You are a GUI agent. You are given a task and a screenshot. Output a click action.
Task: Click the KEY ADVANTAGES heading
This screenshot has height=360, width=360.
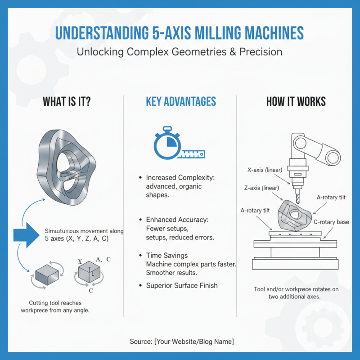180,101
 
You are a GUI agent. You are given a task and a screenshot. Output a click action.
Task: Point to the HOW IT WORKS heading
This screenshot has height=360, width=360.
296,101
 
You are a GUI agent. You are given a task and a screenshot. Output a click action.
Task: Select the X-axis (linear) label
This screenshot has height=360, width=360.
265,171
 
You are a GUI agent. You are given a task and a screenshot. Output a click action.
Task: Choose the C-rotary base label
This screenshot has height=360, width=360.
330,222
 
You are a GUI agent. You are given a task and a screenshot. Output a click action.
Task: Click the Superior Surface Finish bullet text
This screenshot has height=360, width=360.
182,285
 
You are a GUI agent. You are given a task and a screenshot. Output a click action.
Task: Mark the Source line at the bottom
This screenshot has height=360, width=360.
181,342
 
